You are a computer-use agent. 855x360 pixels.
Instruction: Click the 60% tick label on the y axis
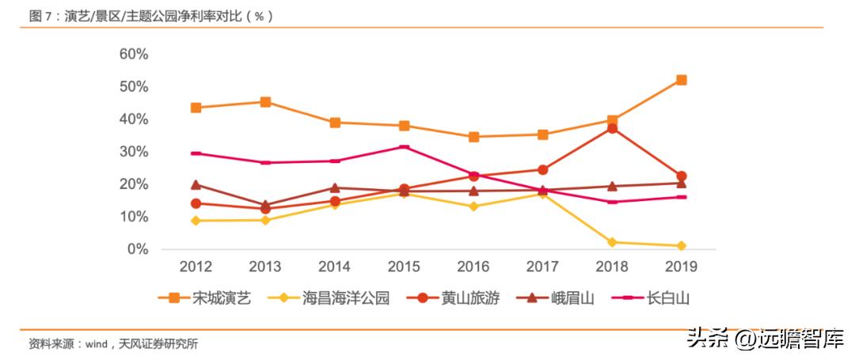coord(133,54)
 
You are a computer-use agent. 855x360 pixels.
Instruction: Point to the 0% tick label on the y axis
coord(138,249)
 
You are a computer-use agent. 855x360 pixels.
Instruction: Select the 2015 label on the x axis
coord(404,267)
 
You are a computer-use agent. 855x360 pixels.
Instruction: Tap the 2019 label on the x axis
coord(681,267)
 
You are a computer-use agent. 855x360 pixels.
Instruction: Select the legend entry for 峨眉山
coord(560,298)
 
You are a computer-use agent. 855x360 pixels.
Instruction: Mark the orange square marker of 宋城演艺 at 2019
coord(681,80)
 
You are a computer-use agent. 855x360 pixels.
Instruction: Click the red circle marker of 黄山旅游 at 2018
coord(612,128)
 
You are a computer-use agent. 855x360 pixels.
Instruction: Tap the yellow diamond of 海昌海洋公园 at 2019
coord(681,246)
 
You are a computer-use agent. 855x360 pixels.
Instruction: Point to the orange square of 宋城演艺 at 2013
coord(265,102)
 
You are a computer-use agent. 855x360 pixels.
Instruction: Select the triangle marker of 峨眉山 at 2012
coord(196,184)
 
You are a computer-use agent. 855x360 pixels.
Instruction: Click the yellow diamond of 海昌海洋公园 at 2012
coord(196,221)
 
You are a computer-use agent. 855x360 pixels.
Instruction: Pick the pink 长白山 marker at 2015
coord(404,147)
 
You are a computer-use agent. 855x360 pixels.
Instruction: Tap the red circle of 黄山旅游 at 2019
coord(681,176)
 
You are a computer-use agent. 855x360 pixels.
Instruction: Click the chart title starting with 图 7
coord(150,15)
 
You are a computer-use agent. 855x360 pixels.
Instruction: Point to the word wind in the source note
coord(96,344)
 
